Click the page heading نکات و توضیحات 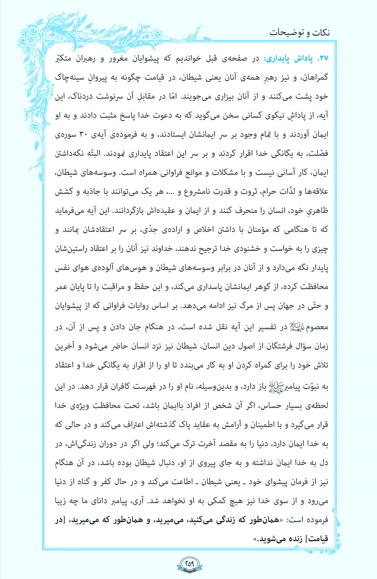coord(299,33)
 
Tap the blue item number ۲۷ coord(323,58)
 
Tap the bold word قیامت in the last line coord(318,539)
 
